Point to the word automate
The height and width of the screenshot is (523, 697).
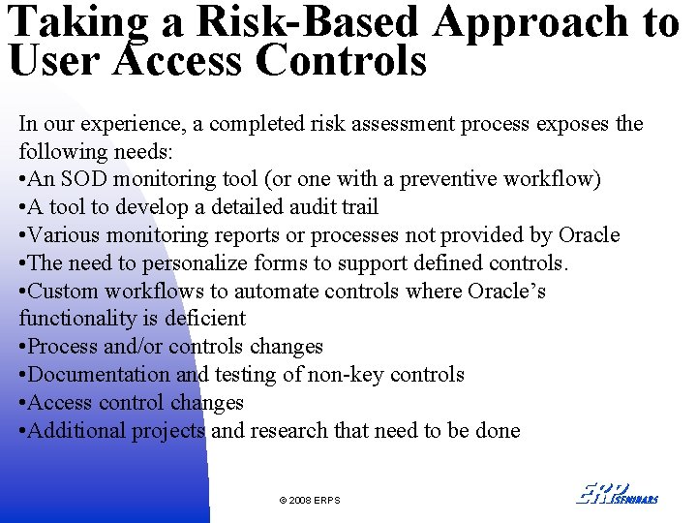259,292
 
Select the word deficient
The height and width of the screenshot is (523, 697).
204,319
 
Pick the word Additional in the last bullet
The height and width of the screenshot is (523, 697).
74,431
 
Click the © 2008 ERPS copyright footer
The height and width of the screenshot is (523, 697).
310,500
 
